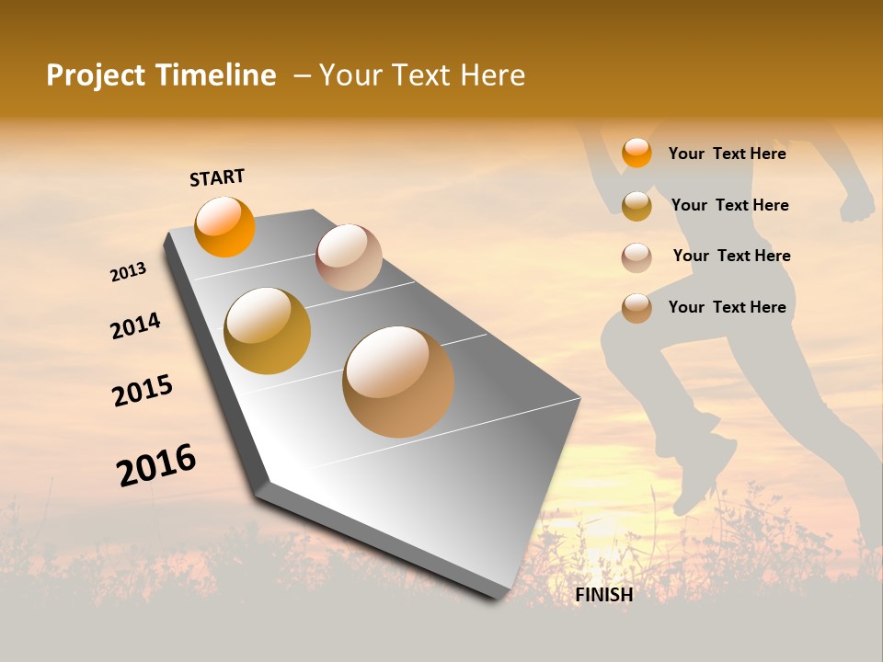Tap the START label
[x=217, y=177]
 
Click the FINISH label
[x=604, y=595]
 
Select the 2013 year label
[x=128, y=272]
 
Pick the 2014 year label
[x=135, y=325]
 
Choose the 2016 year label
[x=156, y=464]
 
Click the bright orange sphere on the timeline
[x=224, y=226]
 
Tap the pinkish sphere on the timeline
[x=349, y=257]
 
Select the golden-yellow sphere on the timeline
[x=268, y=331]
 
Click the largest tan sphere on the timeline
[x=398, y=382]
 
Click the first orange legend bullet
[x=636, y=153]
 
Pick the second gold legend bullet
[x=636, y=206]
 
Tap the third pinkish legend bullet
[x=636, y=257]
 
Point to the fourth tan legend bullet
[x=636, y=308]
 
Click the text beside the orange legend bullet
[x=727, y=154]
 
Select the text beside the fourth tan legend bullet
[x=727, y=307]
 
